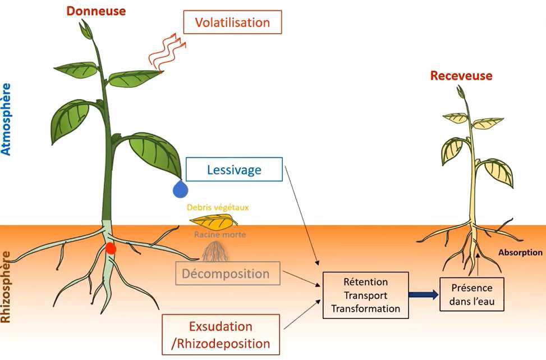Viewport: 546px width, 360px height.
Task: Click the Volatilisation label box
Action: click(x=232, y=22)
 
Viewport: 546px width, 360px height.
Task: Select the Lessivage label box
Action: click(x=234, y=169)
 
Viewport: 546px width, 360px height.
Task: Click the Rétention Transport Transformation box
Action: click(x=365, y=295)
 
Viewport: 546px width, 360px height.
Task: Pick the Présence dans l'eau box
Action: click(x=472, y=295)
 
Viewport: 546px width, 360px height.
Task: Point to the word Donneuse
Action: click(x=97, y=11)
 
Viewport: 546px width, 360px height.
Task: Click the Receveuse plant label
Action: click(x=461, y=76)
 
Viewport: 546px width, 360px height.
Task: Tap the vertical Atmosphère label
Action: click(x=6, y=119)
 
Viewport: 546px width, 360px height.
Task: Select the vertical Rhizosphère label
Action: click(x=6, y=286)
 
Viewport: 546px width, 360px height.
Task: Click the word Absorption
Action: click(x=520, y=253)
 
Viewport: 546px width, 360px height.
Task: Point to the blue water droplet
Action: click(x=180, y=189)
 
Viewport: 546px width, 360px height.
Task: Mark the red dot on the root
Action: click(x=111, y=248)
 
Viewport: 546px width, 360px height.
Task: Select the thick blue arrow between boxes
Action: click(x=424, y=294)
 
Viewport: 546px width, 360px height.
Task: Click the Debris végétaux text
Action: click(x=218, y=207)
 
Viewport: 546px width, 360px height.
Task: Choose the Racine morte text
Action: click(x=220, y=235)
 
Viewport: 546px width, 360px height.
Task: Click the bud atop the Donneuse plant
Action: click(x=87, y=29)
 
